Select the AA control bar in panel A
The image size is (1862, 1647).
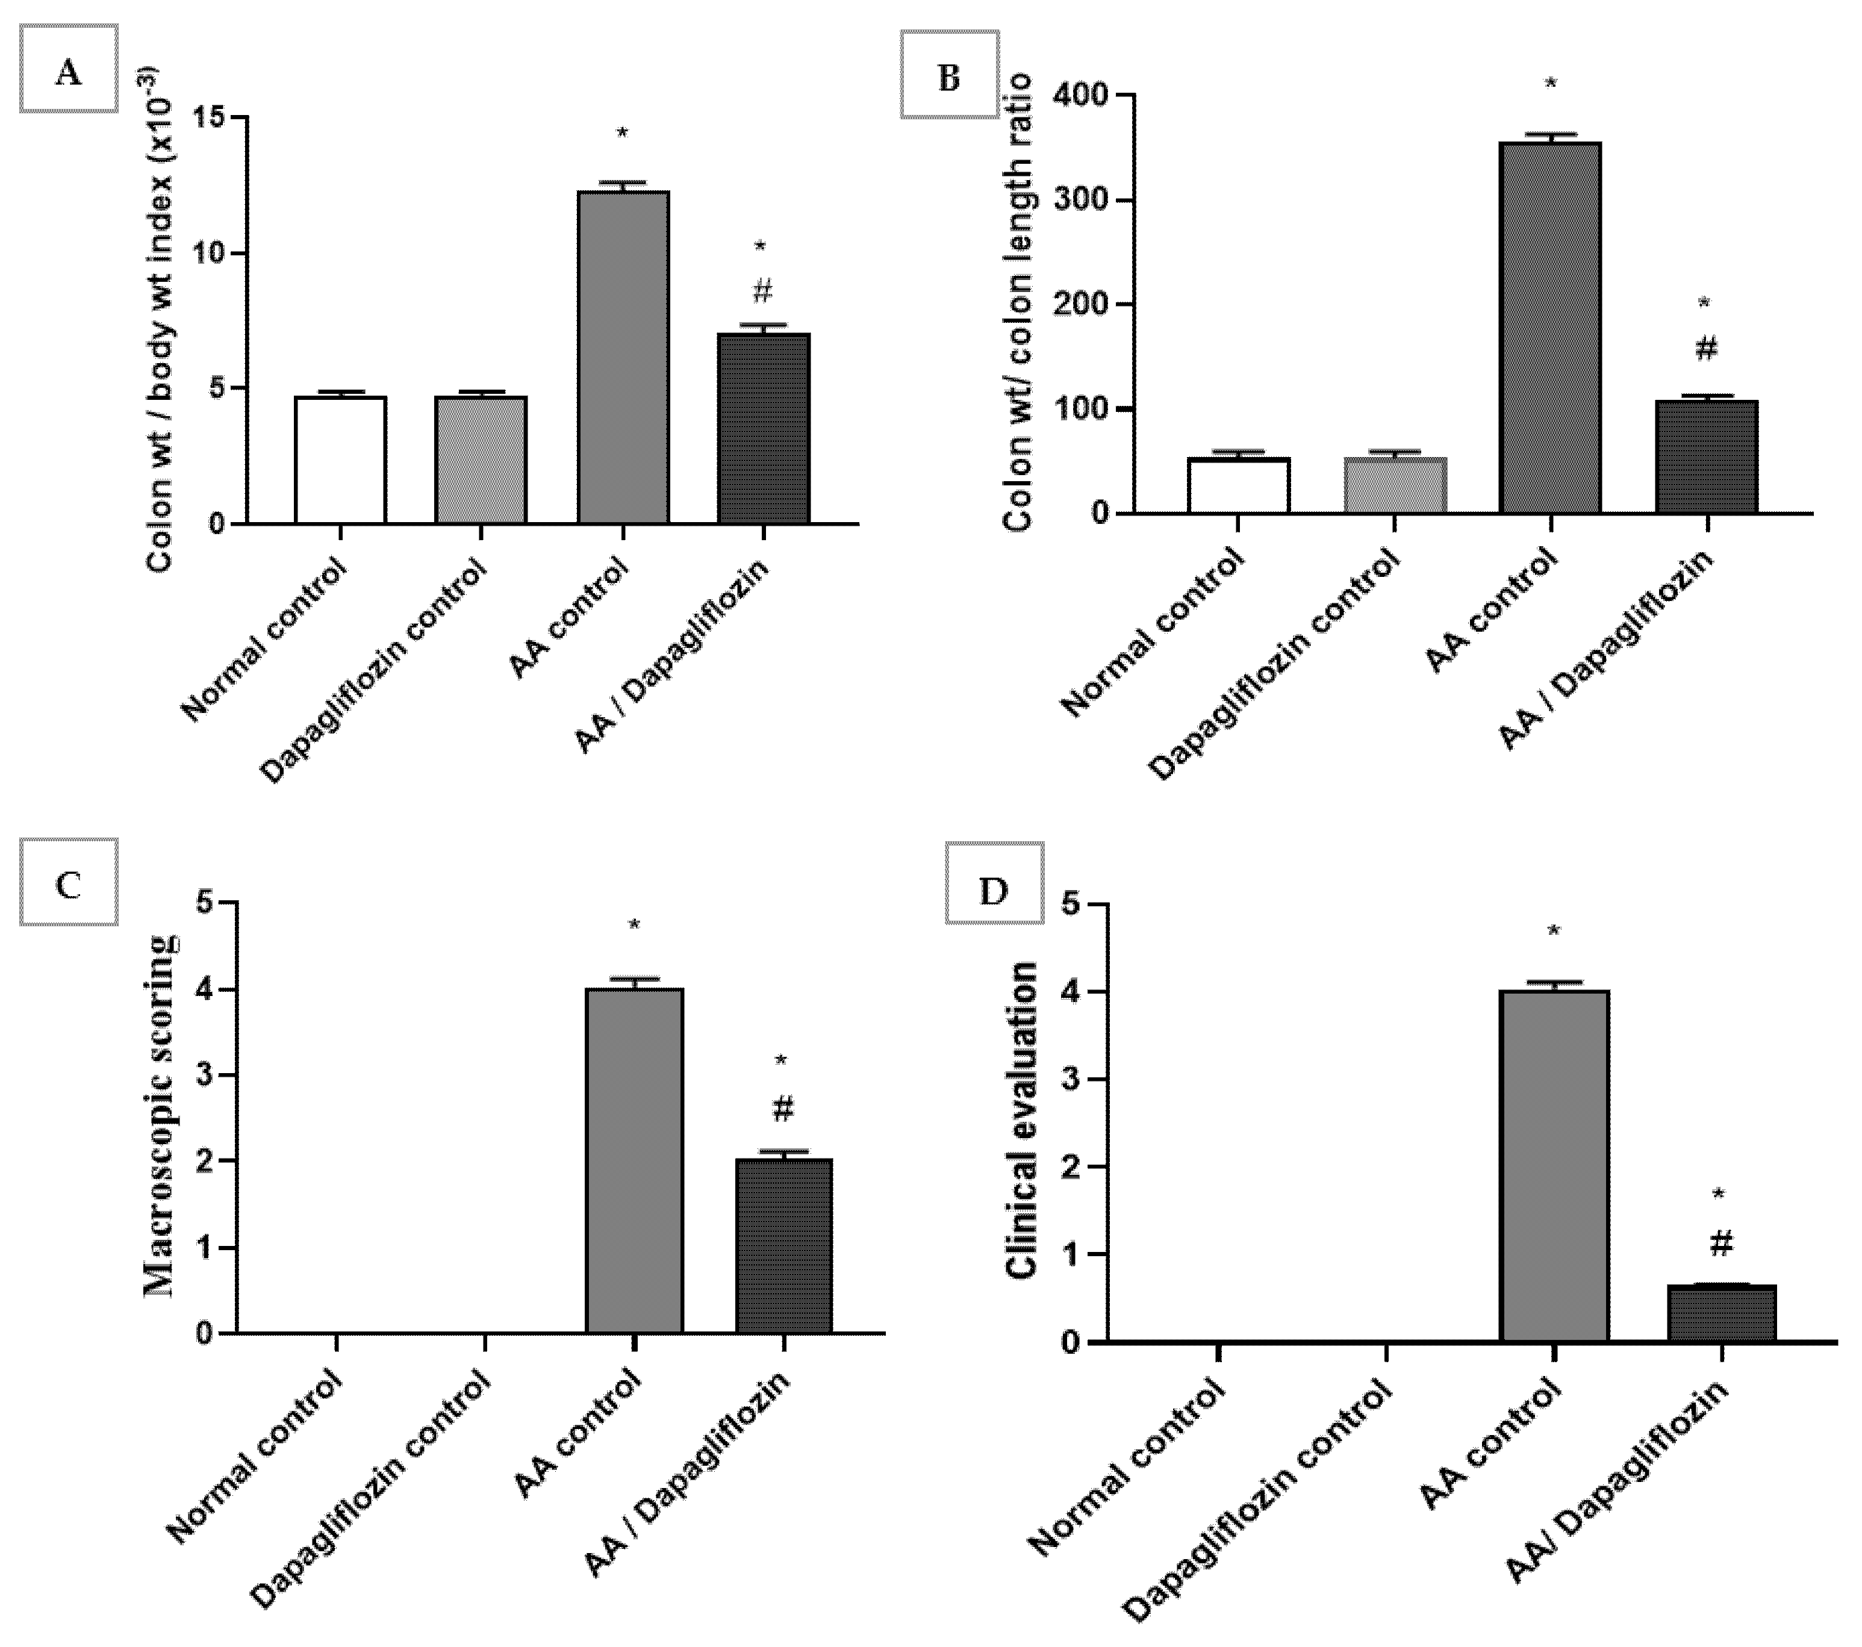pyautogui.click(x=623, y=357)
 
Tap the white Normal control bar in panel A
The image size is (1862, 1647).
pyautogui.click(x=340, y=460)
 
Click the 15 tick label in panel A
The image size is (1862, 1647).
pyautogui.click(x=213, y=119)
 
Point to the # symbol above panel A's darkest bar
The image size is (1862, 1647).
pyautogui.click(x=762, y=291)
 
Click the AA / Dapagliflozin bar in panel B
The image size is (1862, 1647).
pyautogui.click(x=1705, y=457)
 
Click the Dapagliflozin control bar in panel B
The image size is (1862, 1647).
pyautogui.click(x=1395, y=485)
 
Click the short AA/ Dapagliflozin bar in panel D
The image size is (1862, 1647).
pyautogui.click(x=1721, y=1313)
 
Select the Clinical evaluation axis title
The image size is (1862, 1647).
pyautogui.click(x=1022, y=1121)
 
